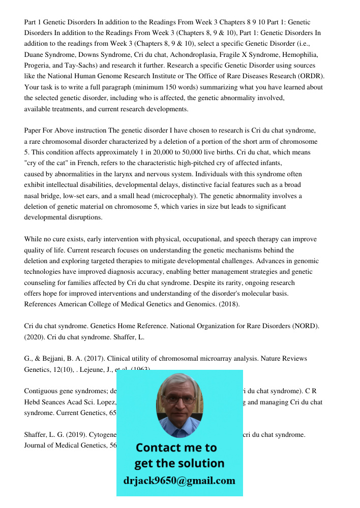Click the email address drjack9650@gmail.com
(179, 481)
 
